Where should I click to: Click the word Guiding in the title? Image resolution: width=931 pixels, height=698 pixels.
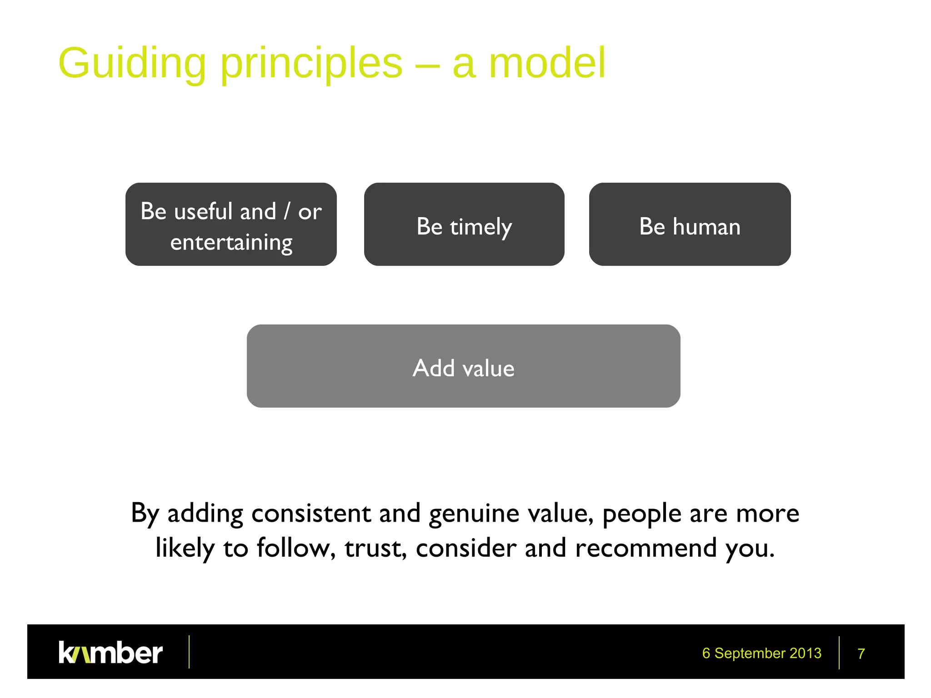[x=132, y=64]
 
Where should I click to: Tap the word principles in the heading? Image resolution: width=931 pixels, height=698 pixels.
[x=311, y=64]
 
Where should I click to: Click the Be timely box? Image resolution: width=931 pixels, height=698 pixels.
[x=464, y=224]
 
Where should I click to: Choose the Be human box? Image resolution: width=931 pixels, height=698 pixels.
[x=690, y=224]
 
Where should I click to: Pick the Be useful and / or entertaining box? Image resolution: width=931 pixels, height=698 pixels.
[x=231, y=224]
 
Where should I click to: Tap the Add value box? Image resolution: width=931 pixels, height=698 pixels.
[x=463, y=366]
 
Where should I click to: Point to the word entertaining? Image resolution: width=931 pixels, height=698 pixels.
[x=231, y=242]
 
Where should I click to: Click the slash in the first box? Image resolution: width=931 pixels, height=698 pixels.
[x=287, y=211]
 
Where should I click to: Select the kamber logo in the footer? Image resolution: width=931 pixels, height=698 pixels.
[x=110, y=653]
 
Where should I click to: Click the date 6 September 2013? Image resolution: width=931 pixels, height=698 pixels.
[x=761, y=653]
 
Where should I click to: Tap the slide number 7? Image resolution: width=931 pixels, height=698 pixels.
[x=861, y=653]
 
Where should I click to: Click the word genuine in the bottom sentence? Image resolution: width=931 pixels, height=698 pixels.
[x=474, y=514]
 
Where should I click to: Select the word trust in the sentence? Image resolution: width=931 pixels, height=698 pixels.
[x=375, y=548]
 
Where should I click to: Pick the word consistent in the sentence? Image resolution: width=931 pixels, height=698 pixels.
[x=311, y=514]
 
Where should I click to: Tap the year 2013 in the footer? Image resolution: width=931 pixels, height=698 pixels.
[x=805, y=653]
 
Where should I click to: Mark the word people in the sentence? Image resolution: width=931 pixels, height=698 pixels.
[x=642, y=514]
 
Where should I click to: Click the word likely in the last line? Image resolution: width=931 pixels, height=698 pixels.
[x=185, y=548]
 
